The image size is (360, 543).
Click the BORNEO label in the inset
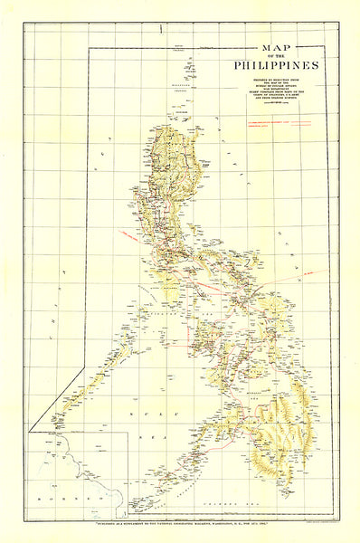61,498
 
